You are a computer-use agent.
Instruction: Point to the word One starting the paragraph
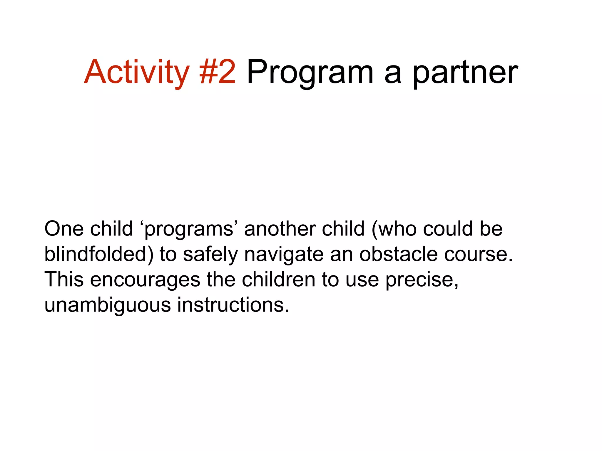point(64,229)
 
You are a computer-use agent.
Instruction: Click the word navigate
point(284,254)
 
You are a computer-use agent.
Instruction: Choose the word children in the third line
point(278,280)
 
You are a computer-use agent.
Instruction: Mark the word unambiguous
point(108,305)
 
